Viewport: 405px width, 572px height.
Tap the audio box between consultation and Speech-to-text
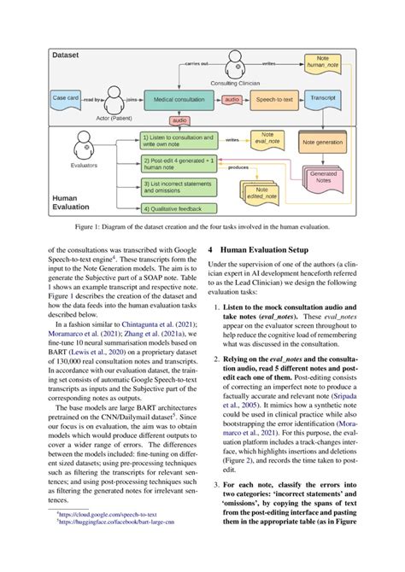point(230,100)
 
